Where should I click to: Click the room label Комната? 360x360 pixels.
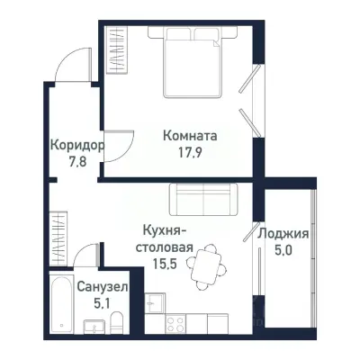click(190, 136)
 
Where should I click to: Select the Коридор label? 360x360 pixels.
click(76, 144)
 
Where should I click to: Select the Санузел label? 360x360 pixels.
click(102, 286)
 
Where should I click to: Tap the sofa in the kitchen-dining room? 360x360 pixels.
click(202, 197)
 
